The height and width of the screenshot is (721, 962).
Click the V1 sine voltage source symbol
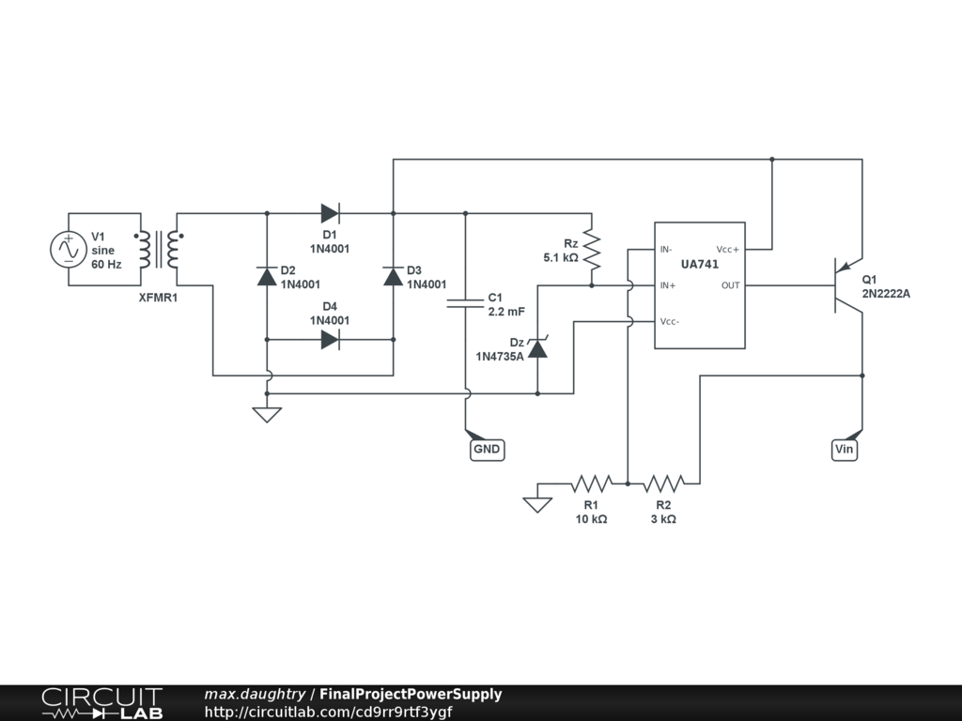coord(68,249)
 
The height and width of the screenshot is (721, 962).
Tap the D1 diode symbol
coord(330,213)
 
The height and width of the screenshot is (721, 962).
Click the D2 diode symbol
coord(267,275)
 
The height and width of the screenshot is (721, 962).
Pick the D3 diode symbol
coord(393,275)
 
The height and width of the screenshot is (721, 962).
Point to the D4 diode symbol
coord(330,340)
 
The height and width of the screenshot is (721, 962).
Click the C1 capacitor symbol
coord(465,302)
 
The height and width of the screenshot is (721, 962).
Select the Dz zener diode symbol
coord(537,349)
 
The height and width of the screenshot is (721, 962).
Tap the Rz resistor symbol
coord(591,249)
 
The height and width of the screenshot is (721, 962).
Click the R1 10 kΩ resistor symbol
coord(592,483)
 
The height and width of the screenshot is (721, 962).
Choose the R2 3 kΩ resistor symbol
coord(663,483)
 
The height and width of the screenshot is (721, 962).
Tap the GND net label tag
coord(487,450)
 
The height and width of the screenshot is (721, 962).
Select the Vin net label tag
coord(845,450)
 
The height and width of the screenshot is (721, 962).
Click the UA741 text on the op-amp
coord(700,266)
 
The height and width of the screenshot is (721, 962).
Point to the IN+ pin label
coord(668,285)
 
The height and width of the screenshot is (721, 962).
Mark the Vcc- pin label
coord(670,321)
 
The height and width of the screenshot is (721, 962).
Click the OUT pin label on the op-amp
coord(730,285)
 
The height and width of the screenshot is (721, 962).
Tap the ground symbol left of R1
coord(537,503)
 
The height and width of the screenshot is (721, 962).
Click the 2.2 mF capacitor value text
coord(506,311)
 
